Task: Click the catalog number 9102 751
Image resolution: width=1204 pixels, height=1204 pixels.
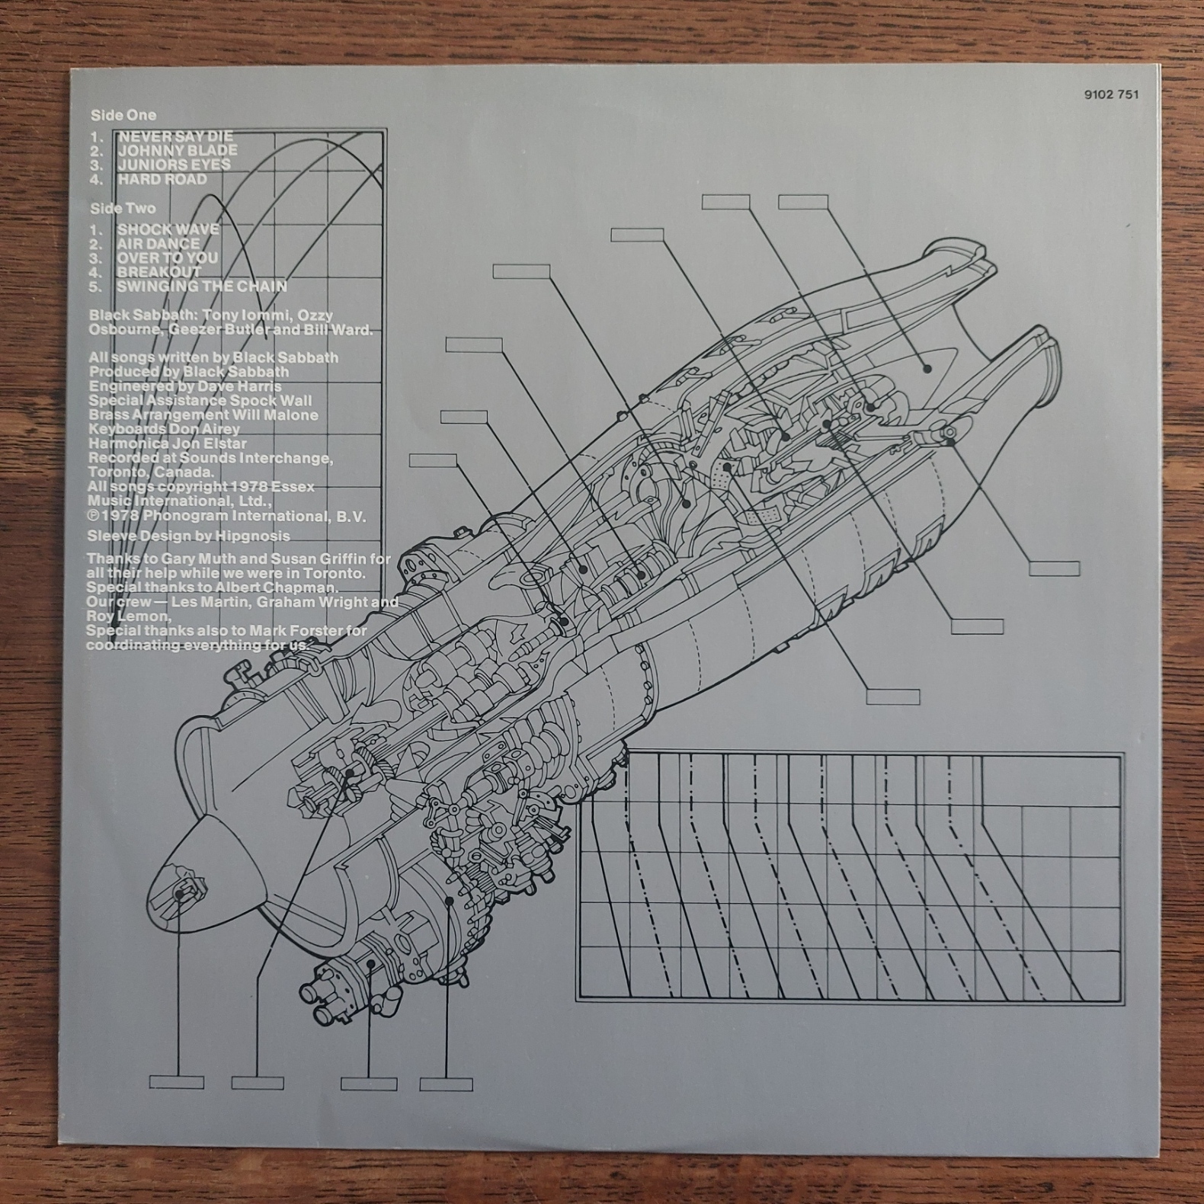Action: tap(1111, 94)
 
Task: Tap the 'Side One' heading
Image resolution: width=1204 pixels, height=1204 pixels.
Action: tap(123, 115)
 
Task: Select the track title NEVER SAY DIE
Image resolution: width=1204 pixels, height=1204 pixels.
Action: tap(175, 136)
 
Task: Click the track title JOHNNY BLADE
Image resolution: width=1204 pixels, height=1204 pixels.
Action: tap(178, 151)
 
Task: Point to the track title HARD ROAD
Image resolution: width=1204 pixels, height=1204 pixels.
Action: tap(162, 180)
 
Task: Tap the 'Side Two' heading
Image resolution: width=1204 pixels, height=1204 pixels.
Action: tap(123, 208)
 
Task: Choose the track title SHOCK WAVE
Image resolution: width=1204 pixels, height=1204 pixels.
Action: tap(168, 229)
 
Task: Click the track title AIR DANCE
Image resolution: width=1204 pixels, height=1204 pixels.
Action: tap(159, 244)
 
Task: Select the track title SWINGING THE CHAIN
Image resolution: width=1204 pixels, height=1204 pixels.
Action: tap(202, 287)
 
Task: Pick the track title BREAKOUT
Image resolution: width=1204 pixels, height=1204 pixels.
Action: tap(159, 272)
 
